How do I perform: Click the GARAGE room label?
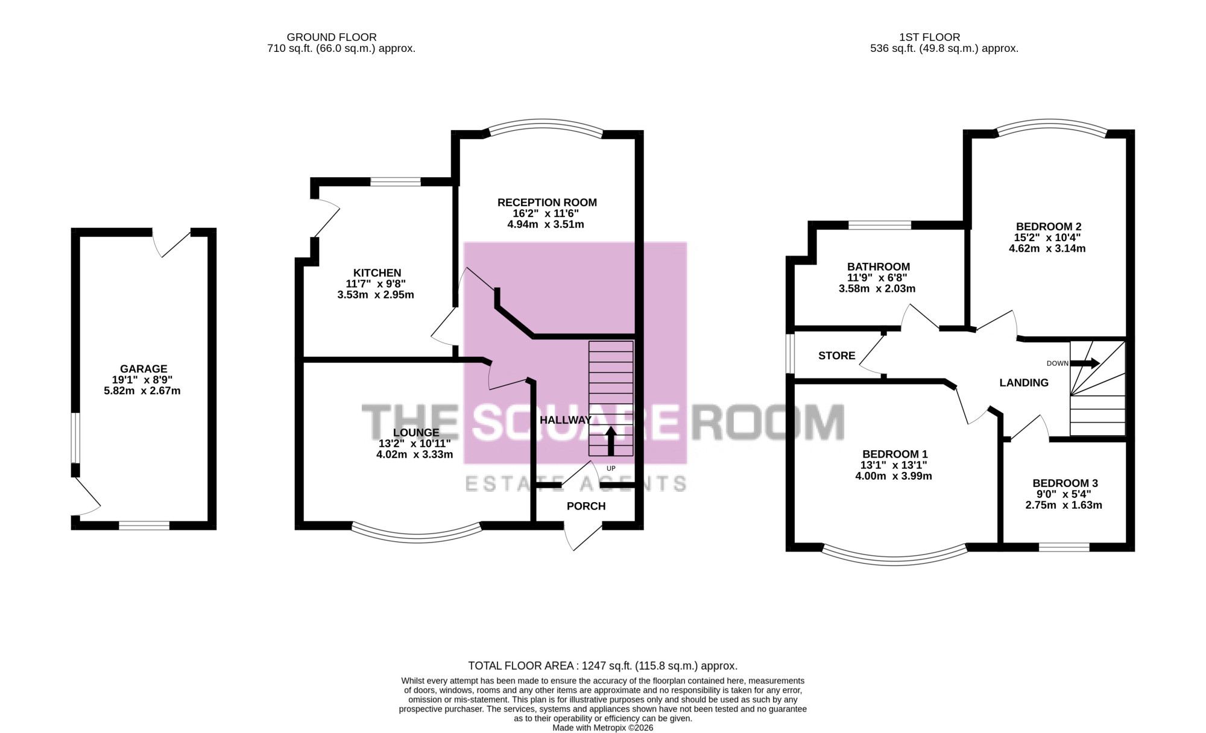point(144,369)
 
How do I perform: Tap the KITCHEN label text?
point(377,273)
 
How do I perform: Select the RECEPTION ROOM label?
point(547,203)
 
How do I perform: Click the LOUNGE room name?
point(416,433)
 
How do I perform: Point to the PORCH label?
point(586,506)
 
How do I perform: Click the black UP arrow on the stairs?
point(611,441)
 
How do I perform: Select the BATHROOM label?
point(879,267)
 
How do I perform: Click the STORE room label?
point(837,356)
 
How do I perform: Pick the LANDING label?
point(1024,383)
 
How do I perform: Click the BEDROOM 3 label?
point(1065,483)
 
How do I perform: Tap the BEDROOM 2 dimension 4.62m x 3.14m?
point(1047,248)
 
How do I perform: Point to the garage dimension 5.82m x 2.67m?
point(142,391)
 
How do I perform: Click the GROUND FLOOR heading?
point(332,37)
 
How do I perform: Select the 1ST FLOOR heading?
point(929,37)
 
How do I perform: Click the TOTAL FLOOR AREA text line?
point(603,666)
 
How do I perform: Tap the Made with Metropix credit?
point(603,728)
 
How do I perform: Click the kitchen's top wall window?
point(396,181)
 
